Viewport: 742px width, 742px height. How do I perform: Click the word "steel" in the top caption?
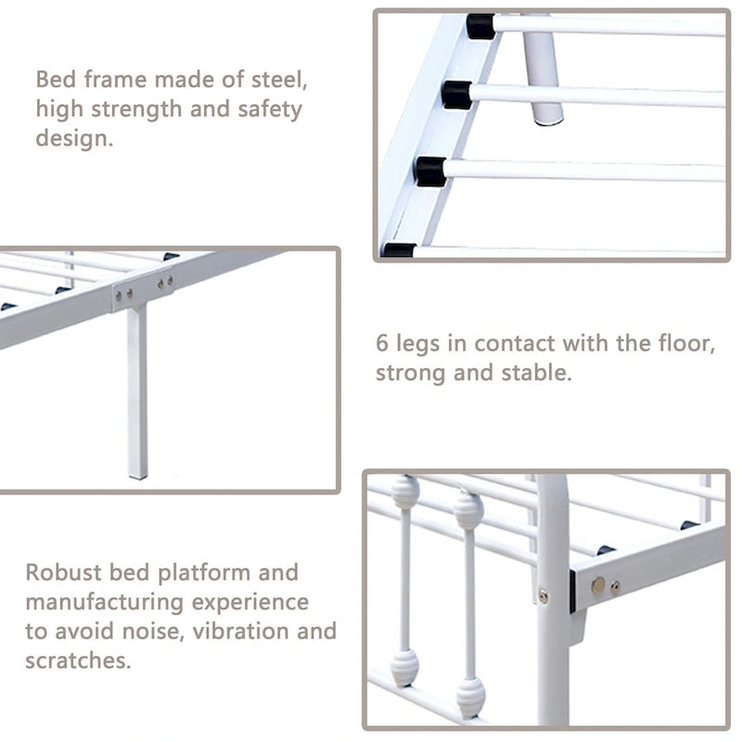coord(276,79)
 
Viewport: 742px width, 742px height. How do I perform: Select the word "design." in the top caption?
coord(74,138)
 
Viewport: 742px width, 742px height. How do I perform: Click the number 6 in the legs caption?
coord(382,343)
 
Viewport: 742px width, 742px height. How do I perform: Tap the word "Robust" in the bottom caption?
coord(63,572)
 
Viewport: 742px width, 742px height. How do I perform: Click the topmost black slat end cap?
coord(480,27)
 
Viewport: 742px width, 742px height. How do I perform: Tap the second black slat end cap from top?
coord(456,96)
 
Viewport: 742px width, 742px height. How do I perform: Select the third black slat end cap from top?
coord(430,172)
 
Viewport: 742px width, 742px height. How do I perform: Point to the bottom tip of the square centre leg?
coord(137,477)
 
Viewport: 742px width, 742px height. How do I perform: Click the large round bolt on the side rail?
coord(598,585)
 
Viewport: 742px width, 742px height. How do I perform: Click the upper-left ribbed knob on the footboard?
coord(405,493)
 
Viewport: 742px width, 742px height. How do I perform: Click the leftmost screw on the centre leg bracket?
coord(119,296)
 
